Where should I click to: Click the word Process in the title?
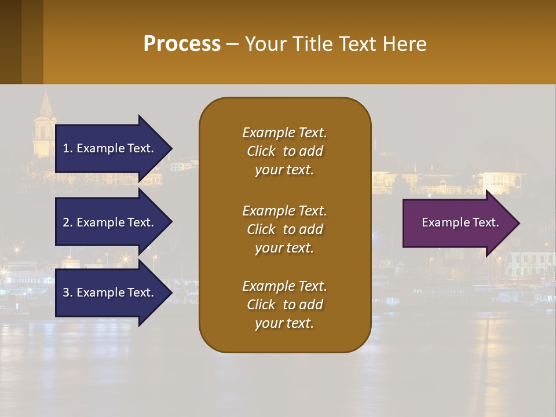(182, 44)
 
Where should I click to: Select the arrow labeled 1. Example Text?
(110, 148)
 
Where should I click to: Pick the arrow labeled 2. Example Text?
(110, 222)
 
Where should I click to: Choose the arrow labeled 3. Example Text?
(110, 292)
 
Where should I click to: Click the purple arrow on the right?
(458, 223)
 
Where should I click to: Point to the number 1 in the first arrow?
(67, 148)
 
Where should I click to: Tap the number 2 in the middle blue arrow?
(67, 222)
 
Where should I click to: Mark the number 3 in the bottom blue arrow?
(67, 292)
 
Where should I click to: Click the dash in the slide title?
(232, 44)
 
